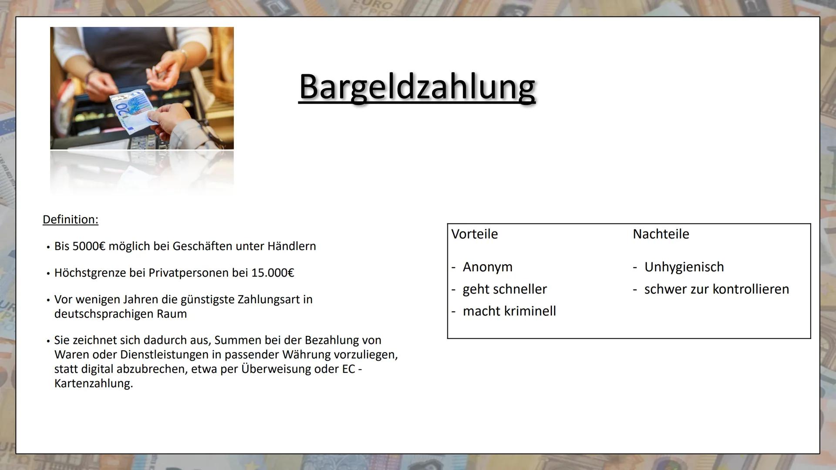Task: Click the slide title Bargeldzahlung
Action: click(x=417, y=87)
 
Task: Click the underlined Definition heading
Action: click(x=71, y=219)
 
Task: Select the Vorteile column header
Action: click(x=475, y=234)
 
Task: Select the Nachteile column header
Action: click(x=661, y=234)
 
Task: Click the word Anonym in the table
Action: click(x=488, y=267)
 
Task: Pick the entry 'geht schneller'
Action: click(x=505, y=289)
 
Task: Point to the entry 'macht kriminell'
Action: click(x=509, y=311)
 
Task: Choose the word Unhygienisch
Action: click(x=684, y=267)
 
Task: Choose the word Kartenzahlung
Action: click(x=94, y=383)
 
